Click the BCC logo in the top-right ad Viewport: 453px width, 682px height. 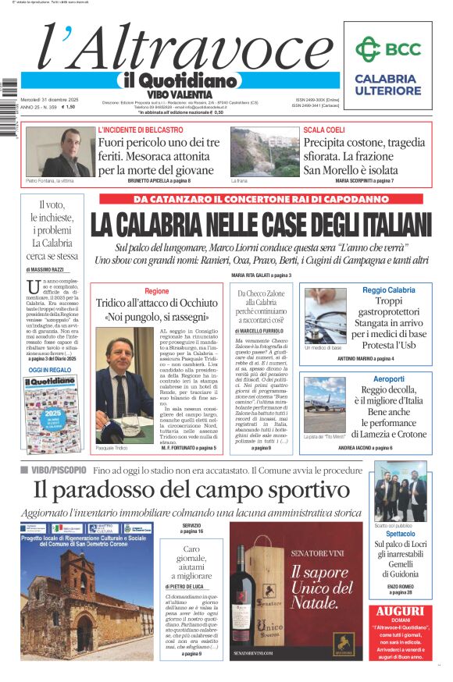click(x=387, y=49)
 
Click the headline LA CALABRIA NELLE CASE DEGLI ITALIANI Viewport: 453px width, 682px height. click(x=261, y=225)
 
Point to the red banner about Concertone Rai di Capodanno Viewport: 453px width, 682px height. click(x=261, y=198)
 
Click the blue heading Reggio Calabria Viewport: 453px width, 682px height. click(x=388, y=289)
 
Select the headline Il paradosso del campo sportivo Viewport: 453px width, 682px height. click(x=191, y=490)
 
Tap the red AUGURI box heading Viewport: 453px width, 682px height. click(x=399, y=613)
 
